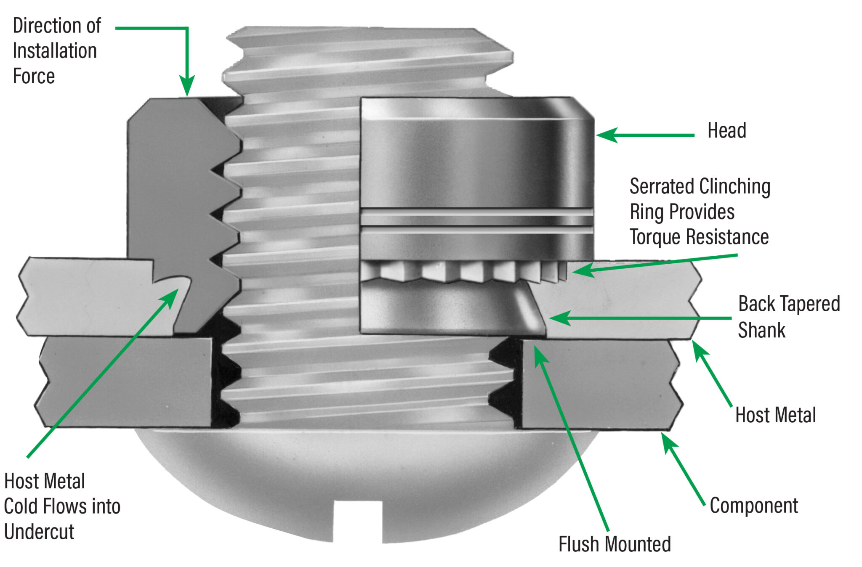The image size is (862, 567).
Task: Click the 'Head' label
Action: [726, 130]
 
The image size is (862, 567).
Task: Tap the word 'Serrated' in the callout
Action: [662, 186]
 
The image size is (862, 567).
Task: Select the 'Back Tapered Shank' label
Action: [788, 316]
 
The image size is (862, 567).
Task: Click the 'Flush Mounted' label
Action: [614, 544]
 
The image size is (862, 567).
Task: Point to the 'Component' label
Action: [753, 506]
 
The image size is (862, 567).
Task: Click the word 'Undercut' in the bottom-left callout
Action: [39, 532]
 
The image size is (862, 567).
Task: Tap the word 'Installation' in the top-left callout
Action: [55, 51]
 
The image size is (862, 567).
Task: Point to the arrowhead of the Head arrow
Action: [604, 135]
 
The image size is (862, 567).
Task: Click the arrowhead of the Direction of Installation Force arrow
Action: [187, 87]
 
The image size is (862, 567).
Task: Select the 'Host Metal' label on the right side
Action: [775, 415]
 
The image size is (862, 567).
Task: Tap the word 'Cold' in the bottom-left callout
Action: [20, 506]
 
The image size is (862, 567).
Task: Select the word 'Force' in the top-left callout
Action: [34, 77]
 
